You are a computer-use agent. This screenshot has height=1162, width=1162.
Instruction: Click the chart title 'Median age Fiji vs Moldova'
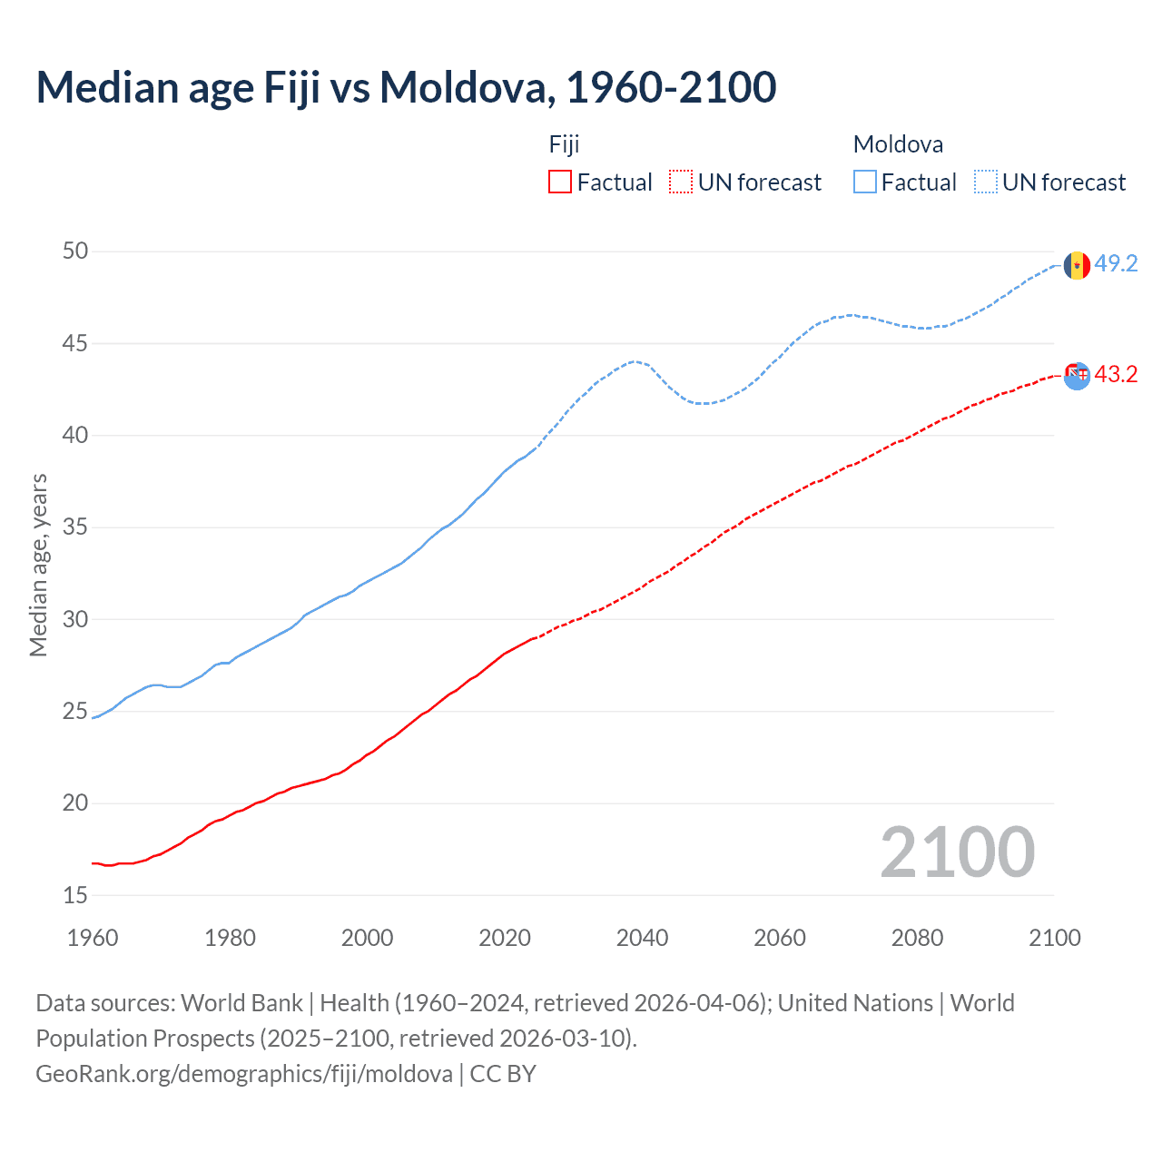[x=406, y=87]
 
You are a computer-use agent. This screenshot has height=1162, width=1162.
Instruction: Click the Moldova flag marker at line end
[x=1077, y=265]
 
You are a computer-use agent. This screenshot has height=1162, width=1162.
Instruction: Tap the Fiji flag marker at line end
[x=1077, y=375]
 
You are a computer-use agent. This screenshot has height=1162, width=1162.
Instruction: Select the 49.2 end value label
[x=1116, y=263]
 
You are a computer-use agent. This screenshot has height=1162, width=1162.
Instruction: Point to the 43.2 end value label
[x=1116, y=374]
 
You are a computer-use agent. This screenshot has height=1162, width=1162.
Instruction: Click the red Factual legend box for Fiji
[x=560, y=182]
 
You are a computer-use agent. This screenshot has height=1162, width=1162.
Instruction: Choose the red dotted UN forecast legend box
[x=681, y=182]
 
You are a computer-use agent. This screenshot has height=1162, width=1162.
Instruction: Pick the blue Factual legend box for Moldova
[x=865, y=182]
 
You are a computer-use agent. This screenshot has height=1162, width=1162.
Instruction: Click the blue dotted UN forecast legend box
[x=986, y=182]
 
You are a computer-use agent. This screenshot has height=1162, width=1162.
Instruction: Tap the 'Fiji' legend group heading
[x=564, y=144]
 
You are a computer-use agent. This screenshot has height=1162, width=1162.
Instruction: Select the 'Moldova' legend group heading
[x=898, y=144]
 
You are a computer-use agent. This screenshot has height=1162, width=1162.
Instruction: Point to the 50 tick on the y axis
[x=75, y=251]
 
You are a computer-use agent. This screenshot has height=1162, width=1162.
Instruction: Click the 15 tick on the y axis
[x=75, y=896]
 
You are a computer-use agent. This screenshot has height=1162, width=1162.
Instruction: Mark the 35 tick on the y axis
[x=75, y=527]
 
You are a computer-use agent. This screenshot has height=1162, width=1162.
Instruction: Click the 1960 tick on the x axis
[x=93, y=938]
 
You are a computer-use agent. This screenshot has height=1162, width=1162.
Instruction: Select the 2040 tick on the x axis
[x=642, y=938]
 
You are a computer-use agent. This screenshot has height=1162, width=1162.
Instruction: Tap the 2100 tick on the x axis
[x=1055, y=938]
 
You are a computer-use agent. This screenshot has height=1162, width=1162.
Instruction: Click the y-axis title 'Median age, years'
[x=38, y=565]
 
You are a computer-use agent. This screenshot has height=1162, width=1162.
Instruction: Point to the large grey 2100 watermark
[x=957, y=852]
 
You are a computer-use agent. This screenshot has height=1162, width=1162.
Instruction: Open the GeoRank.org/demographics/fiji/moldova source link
[x=244, y=1074]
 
